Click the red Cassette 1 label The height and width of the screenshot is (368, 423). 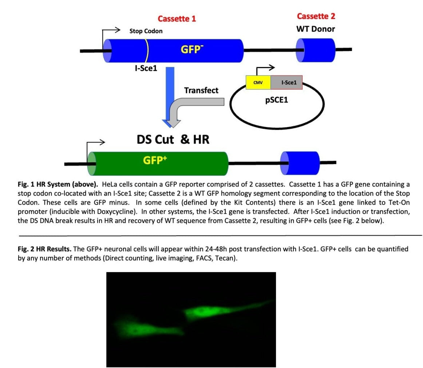click(x=177, y=19)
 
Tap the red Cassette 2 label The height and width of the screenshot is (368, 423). click(x=316, y=16)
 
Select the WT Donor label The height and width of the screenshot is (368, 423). click(x=316, y=29)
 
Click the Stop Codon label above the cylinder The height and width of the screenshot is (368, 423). click(x=146, y=31)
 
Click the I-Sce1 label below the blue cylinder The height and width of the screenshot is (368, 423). click(x=146, y=68)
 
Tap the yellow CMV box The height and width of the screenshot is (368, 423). click(x=258, y=83)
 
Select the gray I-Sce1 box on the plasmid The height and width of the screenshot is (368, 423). click(x=286, y=83)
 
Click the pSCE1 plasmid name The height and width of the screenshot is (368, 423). click(x=276, y=99)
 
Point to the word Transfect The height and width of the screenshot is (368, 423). click(x=201, y=90)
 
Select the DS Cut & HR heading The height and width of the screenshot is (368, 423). click(x=173, y=139)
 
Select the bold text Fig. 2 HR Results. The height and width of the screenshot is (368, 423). click(x=45, y=249)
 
